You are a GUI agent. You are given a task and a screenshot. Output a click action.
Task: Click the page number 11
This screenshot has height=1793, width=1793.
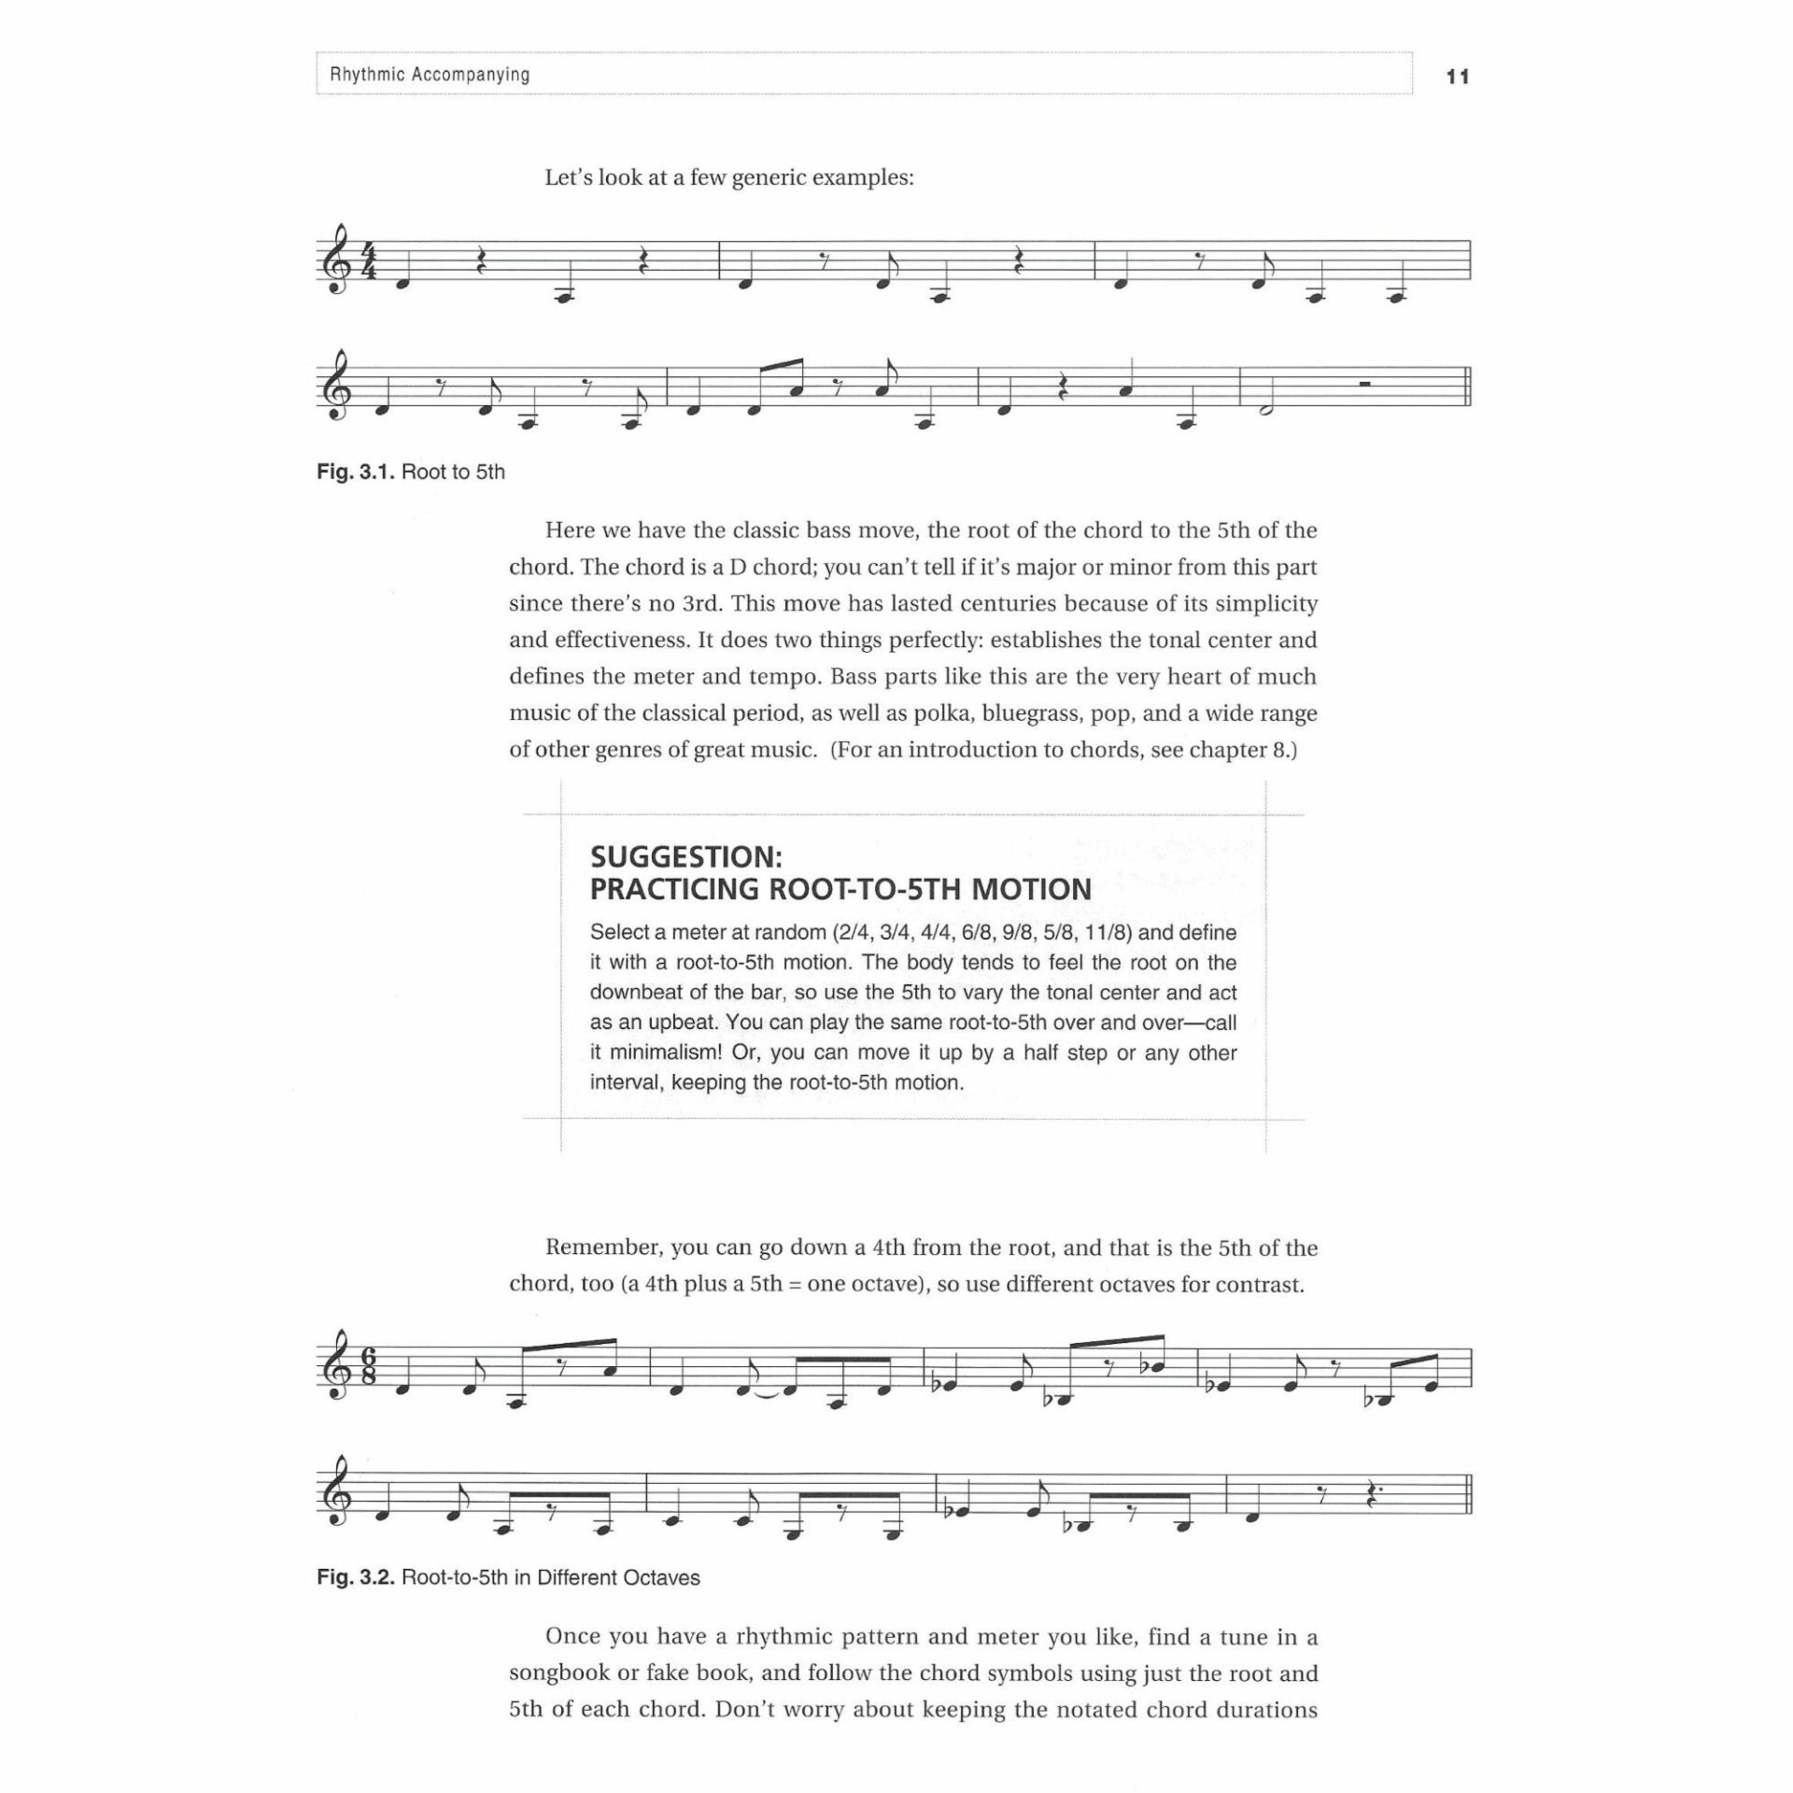coord(1457,78)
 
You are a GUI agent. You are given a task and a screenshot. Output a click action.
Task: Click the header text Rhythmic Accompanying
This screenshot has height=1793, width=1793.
coord(430,75)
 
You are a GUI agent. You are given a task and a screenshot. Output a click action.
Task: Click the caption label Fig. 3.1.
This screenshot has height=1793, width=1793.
coord(358,473)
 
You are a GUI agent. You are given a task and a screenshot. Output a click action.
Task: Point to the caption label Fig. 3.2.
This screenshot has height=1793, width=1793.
coord(358,1577)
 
